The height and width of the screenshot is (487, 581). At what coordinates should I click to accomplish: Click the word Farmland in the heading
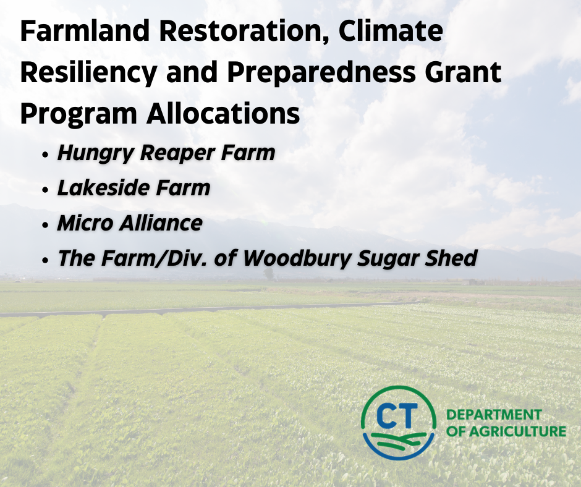(x=85, y=30)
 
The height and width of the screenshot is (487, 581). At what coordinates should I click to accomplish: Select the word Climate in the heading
(x=391, y=30)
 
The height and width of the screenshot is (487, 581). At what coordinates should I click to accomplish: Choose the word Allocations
(x=223, y=114)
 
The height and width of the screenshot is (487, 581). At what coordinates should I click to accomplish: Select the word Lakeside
(x=104, y=187)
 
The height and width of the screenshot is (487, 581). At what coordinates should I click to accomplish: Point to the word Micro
(x=85, y=223)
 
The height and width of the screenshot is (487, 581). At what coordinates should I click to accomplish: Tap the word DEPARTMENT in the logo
(x=494, y=415)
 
